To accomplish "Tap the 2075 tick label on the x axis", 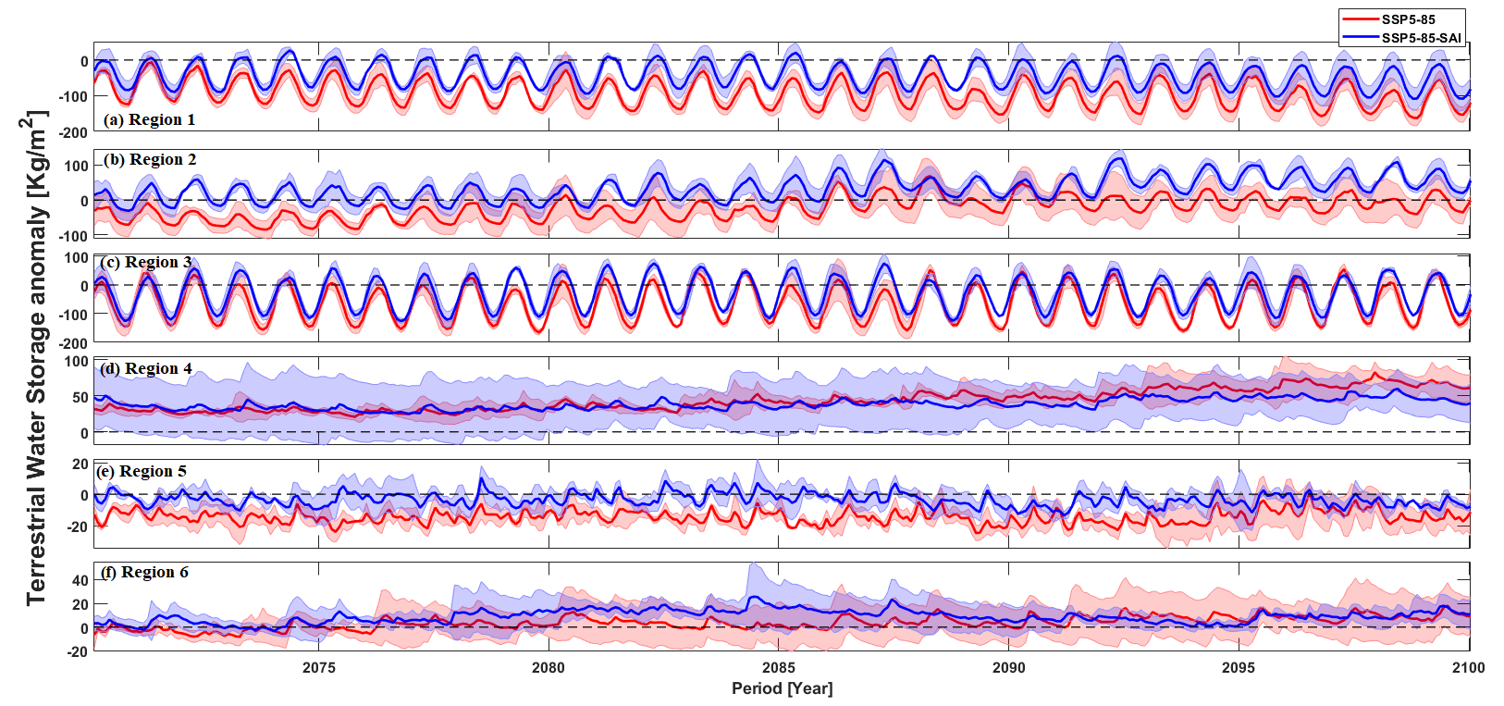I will pyautogui.click(x=318, y=668).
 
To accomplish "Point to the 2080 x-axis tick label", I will pyautogui.click(x=549, y=668).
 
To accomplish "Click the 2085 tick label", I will pyautogui.click(x=778, y=668).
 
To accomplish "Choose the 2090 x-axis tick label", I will pyautogui.click(x=1008, y=668).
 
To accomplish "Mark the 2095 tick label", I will pyautogui.click(x=1239, y=668).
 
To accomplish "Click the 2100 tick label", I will pyautogui.click(x=1468, y=668).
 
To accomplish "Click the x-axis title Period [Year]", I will pyautogui.click(x=782, y=688).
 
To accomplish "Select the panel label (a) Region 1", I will pyautogui.click(x=149, y=119).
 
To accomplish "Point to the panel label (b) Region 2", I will pyautogui.click(x=150, y=159).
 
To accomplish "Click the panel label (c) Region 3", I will pyautogui.click(x=146, y=262).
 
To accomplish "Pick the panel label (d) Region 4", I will pyautogui.click(x=146, y=368).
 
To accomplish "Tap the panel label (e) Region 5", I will pyautogui.click(x=141, y=471).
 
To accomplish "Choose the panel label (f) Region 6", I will pyautogui.click(x=143, y=572).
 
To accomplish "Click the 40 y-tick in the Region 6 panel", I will pyautogui.click(x=80, y=581).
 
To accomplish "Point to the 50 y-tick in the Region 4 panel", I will pyautogui.click(x=80, y=398).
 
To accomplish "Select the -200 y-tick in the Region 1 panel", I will pyautogui.click(x=74, y=132).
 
